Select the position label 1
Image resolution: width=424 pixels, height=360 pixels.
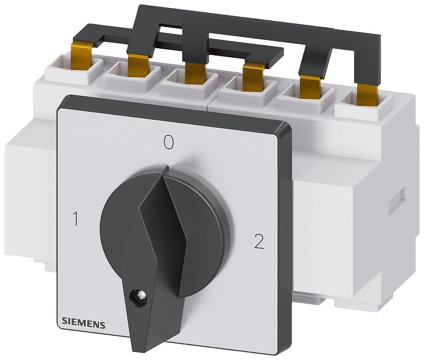[x=76, y=219]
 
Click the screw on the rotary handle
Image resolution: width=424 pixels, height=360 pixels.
[x=139, y=293]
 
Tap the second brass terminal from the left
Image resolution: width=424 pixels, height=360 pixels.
[x=137, y=64]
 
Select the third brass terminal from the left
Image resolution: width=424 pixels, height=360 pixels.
[x=193, y=72]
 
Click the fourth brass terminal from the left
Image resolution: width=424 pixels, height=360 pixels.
[x=253, y=77]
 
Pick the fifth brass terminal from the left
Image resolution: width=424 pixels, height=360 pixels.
[x=310, y=87]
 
